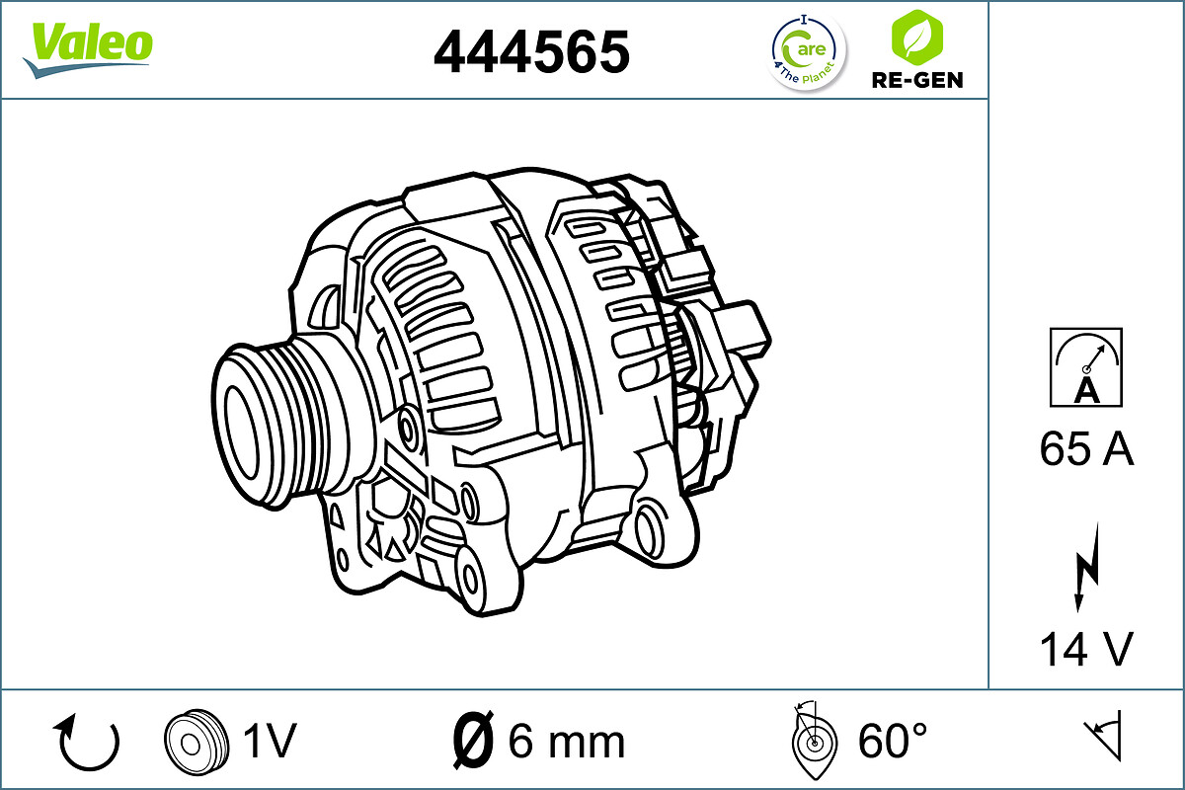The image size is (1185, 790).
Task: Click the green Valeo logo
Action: point(88,49)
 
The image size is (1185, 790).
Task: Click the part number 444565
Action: point(531,51)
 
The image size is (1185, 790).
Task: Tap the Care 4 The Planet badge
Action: point(808,52)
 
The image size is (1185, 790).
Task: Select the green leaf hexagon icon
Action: point(916,38)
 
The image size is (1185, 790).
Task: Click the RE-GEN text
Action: point(917,80)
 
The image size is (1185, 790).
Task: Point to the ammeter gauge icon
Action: point(1086,367)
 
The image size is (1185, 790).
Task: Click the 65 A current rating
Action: point(1086,448)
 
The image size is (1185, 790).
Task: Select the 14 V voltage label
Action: point(1086,649)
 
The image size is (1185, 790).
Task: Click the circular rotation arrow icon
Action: point(87,742)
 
